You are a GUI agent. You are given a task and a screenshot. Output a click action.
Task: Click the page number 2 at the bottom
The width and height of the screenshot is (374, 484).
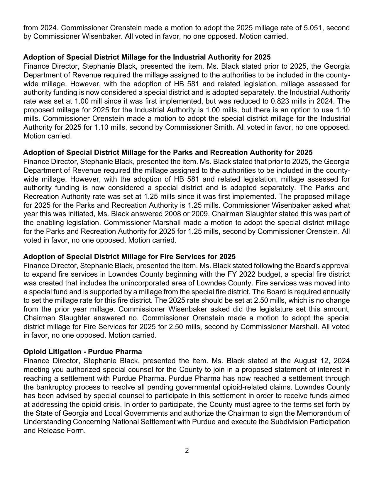pyautogui.click(x=187, y=450)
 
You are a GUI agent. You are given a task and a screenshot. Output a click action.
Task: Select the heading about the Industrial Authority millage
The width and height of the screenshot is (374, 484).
pyautogui.click(x=147, y=57)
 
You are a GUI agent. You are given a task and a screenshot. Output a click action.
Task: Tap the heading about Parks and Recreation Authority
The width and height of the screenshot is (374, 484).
pyautogui.click(x=167, y=153)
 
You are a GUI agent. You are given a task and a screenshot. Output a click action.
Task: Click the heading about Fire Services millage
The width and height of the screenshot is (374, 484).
pyautogui.click(x=129, y=257)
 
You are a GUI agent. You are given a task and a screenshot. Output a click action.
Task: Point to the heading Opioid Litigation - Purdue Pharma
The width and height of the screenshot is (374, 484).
pyautogui.click(x=82, y=352)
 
